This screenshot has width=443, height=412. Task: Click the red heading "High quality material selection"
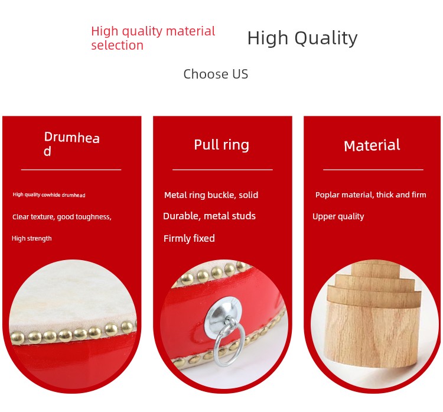click(153, 38)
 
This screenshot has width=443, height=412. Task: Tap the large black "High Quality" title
click(302, 38)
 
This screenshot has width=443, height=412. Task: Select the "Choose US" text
click(216, 74)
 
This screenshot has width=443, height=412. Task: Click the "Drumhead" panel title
click(71, 144)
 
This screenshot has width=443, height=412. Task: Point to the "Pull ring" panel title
click(221, 145)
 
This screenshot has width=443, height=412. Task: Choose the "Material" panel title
click(372, 145)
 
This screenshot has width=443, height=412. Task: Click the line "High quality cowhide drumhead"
click(49, 195)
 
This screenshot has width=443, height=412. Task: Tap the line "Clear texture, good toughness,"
click(62, 217)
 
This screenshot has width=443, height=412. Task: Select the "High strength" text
click(32, 238)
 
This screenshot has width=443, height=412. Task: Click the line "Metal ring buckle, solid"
click(211, 195)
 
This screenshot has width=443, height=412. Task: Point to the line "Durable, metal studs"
click(209, 216)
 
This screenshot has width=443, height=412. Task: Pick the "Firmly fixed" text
click(189, 238)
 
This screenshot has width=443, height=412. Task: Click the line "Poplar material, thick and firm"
click(371, 195)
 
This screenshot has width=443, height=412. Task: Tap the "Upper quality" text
click(338, 216)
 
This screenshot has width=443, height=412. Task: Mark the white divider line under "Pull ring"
click(222, 170)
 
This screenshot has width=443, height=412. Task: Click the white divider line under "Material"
click(373, 170)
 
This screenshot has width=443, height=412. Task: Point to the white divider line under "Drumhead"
click(71, 170)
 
